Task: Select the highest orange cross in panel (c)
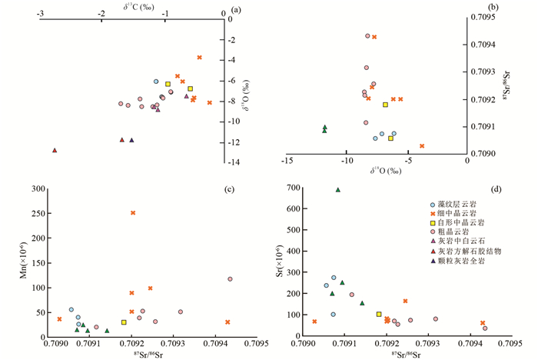tap(133, 213)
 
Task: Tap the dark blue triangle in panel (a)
tap(131, 140)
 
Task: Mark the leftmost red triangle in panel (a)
tap(55, 151)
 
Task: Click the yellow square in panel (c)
tap(124, 322)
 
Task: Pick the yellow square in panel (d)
tap(379, 314)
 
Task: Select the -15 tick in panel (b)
tap(286, 161)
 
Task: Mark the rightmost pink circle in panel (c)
tap(230, 279)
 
